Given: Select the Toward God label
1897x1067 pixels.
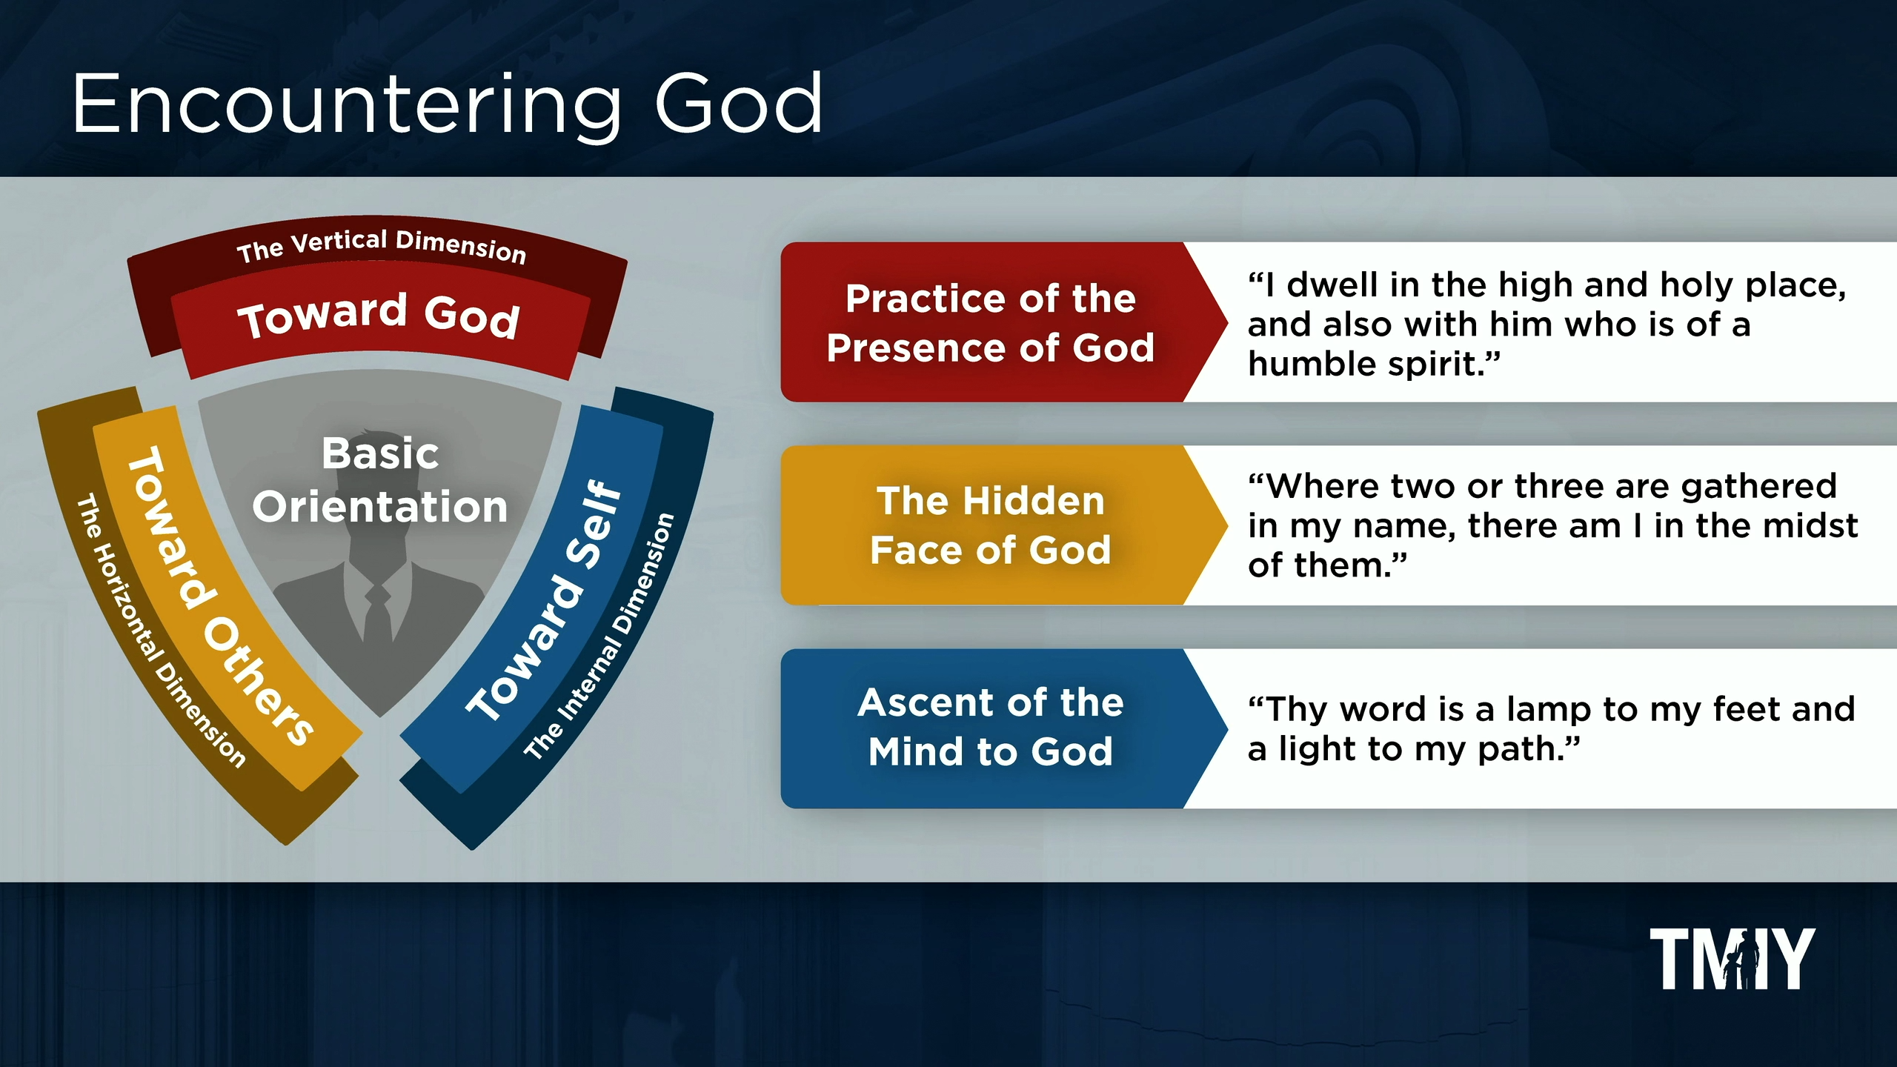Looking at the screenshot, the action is click(379, 316).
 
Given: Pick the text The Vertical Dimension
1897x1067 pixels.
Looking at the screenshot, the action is click(382, 246).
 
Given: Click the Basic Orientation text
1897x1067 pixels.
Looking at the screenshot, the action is click(380, 480).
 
